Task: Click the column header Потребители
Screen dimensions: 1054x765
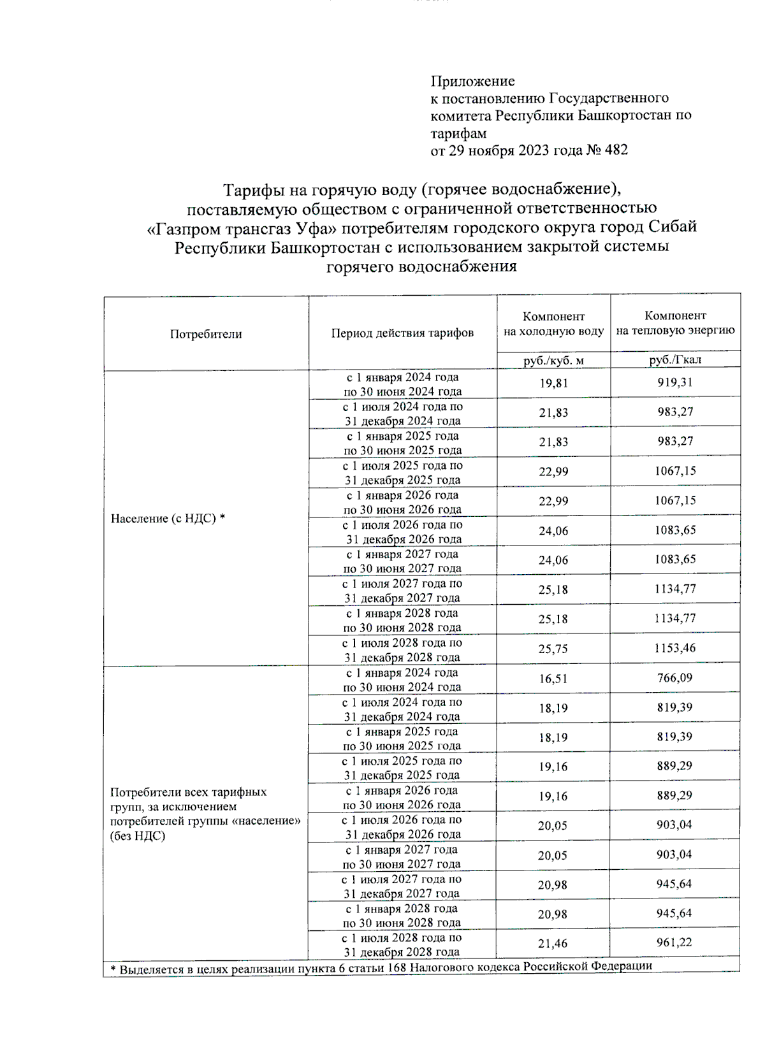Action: point(205,334)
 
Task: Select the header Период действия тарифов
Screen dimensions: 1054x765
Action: point(402,333)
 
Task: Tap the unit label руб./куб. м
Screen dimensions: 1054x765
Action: point(553,360)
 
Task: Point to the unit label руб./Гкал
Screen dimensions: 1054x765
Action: point(675,359)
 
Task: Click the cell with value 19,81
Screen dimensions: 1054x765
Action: point(553,383)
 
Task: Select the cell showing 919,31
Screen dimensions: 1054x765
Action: point(675,382)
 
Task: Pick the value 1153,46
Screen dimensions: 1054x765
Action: point(675,648)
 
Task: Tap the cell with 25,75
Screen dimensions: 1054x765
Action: point(553,649)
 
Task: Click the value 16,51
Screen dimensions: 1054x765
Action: point(553,679)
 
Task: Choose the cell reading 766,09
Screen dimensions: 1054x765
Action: point(675,678)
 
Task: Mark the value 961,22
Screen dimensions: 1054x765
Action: point(674,942)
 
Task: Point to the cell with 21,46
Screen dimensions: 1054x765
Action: point(553,944)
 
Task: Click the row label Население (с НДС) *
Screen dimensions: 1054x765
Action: point(168,519)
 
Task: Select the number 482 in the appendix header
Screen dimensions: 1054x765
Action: point(616,150)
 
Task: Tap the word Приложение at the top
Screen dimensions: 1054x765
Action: point(472,81)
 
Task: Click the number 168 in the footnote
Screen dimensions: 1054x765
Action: point(397,967)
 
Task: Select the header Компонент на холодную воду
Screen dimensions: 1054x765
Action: point(553,324)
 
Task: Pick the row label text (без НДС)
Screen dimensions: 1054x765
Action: point(138,835)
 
